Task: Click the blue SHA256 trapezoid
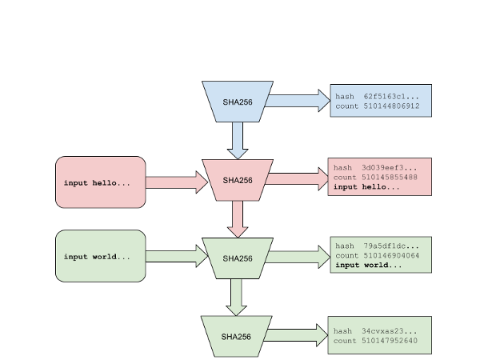(238, 102)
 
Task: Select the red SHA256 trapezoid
(238, 180)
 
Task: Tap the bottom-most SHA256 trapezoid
(236, 337)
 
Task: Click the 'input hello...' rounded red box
(101, 182)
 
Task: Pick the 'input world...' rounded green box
(101, 256)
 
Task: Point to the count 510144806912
(391, 106)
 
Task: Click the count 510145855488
(390, 178)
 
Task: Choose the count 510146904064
(391, 255)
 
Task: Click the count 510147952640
(390, 341)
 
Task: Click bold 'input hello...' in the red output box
(366, 186)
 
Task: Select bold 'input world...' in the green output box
(369, 265)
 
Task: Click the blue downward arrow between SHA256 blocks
(238, 141)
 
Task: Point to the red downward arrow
(238, 219)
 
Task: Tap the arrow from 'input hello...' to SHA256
(177, 182)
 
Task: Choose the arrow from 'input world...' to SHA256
(177, 256)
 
